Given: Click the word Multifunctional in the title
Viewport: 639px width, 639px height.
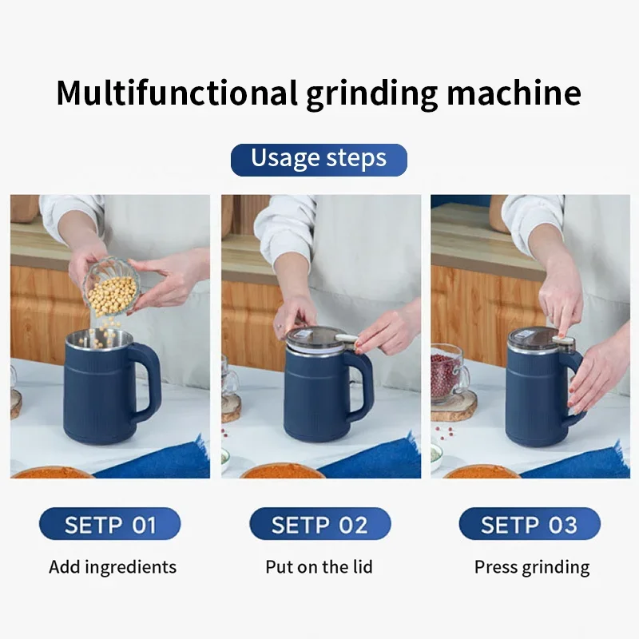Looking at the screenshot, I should point(176,93).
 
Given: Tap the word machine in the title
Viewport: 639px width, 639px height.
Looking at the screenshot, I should point(514,93).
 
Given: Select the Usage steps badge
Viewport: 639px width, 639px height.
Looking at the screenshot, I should point(319,159).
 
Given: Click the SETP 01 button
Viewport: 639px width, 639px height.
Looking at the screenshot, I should point(110,524).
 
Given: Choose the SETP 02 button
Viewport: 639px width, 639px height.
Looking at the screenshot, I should point(319,524).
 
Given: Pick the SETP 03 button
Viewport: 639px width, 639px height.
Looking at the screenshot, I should point(529,524).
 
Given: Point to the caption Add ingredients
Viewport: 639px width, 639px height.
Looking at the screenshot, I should point(113,567).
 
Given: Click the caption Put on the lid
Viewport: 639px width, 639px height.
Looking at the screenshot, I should point(319,567).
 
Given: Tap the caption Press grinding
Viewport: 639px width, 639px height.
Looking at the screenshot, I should point(532,567).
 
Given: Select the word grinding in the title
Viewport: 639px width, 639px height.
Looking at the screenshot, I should point(372,93).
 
